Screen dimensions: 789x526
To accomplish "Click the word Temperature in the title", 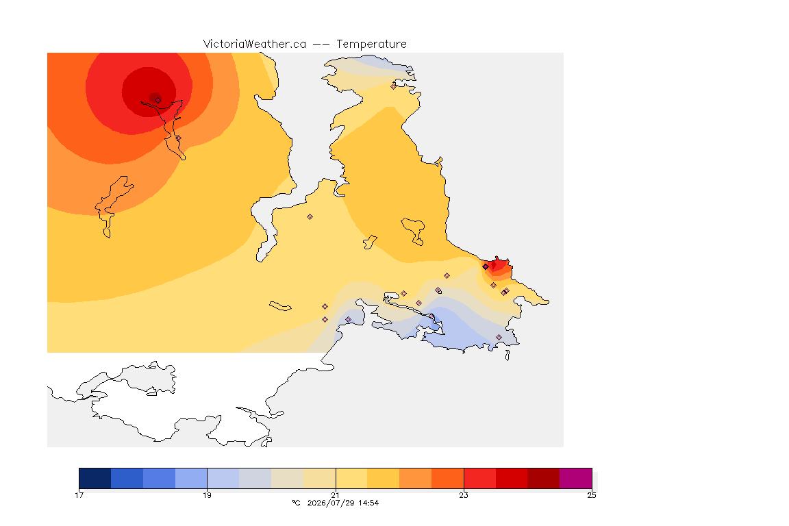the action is pos(371,45).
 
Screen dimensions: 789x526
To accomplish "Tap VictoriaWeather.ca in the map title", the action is pos(255,44).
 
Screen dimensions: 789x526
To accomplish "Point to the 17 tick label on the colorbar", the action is pos(79,495).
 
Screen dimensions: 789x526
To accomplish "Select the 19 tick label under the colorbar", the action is pos(207,495).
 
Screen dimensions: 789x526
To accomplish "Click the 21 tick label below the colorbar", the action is pos(335,495).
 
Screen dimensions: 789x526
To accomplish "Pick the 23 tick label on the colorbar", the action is pos(464,495).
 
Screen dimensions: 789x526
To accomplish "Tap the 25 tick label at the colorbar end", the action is pos(592,495).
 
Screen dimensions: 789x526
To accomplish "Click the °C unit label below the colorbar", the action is pos(296,503).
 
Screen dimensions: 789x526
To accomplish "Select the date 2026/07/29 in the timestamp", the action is pos(329,503).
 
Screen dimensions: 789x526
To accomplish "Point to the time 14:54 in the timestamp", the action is pos(368,503).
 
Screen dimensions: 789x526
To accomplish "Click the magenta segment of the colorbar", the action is pos(575,478).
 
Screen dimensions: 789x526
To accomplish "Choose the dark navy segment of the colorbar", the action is pos(95,478).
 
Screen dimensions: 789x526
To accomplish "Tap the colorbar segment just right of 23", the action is pos(479,478).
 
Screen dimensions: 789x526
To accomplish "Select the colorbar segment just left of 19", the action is pos(191,478).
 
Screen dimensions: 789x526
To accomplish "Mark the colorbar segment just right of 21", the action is pos(351,478).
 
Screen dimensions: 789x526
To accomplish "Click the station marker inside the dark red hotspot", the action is pos(158,100).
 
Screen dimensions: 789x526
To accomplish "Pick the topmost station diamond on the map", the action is pos(394,86).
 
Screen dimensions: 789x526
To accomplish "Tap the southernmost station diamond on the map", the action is pos(499,337).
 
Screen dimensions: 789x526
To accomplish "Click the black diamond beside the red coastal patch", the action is pos(486,267).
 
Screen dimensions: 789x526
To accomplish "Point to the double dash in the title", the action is pos(321,45).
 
